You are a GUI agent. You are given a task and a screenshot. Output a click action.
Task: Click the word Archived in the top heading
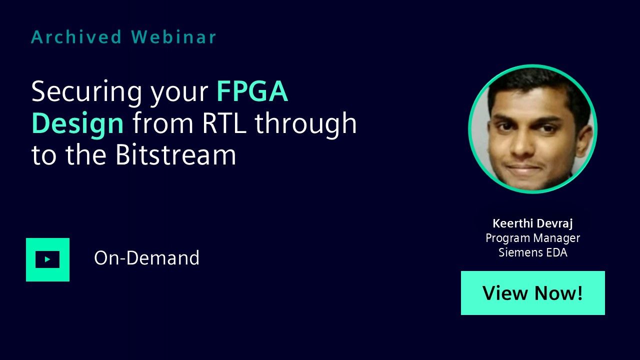[76, 37]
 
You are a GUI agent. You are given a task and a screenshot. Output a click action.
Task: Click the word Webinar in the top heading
[173, 37]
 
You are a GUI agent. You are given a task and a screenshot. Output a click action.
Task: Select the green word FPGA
[252, 91]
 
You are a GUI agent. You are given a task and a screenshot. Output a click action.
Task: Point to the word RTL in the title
[224, 123]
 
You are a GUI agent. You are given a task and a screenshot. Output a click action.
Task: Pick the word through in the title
[305, 124]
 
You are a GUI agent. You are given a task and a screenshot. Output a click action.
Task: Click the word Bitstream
[175, 154]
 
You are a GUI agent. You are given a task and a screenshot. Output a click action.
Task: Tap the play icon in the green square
[47, 259]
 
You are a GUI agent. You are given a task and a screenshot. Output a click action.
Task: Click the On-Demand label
[146, 257]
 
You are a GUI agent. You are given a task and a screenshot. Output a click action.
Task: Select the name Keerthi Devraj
[532, 223]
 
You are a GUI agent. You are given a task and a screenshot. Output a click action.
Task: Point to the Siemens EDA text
[532, 252]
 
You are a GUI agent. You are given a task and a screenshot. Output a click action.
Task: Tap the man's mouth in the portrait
[525, 168]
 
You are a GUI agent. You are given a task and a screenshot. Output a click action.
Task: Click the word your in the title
[179, 94]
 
